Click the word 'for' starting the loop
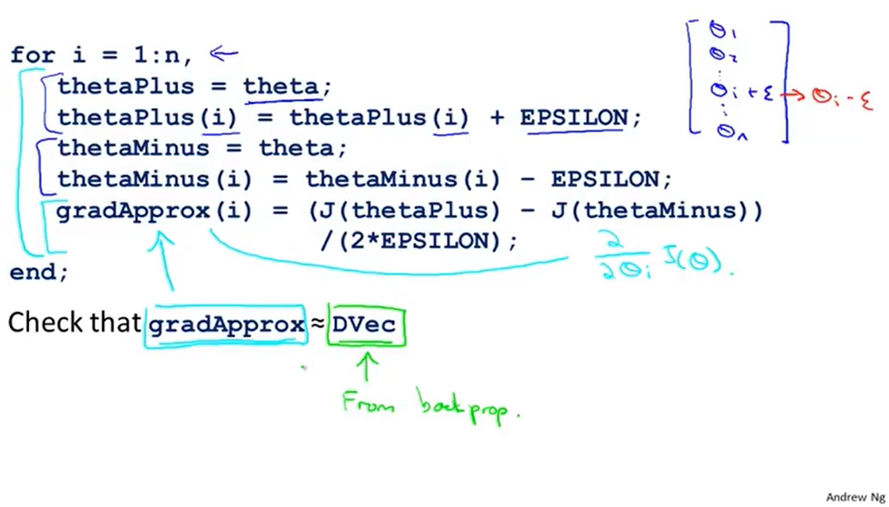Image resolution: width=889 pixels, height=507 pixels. [x=33, y=55]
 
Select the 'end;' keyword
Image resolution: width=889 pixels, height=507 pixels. [x=39, y=272]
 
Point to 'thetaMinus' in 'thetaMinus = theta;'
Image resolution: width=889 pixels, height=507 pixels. [x=133, y=148]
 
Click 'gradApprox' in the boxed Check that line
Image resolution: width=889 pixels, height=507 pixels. [x=227, y=325]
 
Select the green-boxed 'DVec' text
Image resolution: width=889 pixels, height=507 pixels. [x=365, y=325]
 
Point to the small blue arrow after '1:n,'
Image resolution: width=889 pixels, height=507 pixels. [x=224, y=54]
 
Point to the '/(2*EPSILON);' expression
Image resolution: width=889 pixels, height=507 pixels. [x=419, y=241]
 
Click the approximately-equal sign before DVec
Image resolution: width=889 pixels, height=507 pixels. [x=317, y=325]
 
